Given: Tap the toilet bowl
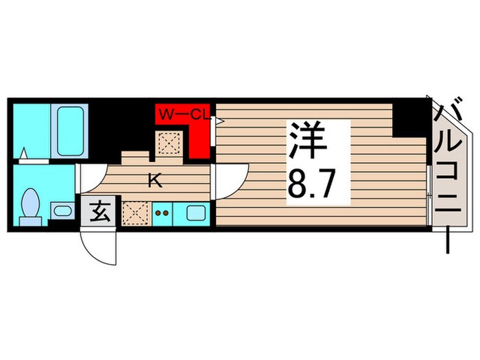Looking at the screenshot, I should coord(30,204).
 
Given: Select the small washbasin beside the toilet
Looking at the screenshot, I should coord(62,210).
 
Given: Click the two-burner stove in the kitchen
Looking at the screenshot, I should coord(164,213).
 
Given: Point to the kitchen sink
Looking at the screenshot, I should coord(194,213).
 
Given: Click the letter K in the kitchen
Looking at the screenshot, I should coord(155,182).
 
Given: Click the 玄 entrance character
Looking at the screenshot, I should coord(100,213).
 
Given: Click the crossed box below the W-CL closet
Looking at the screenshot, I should coord(169,143).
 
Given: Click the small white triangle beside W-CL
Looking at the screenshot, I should coord(219,119).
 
